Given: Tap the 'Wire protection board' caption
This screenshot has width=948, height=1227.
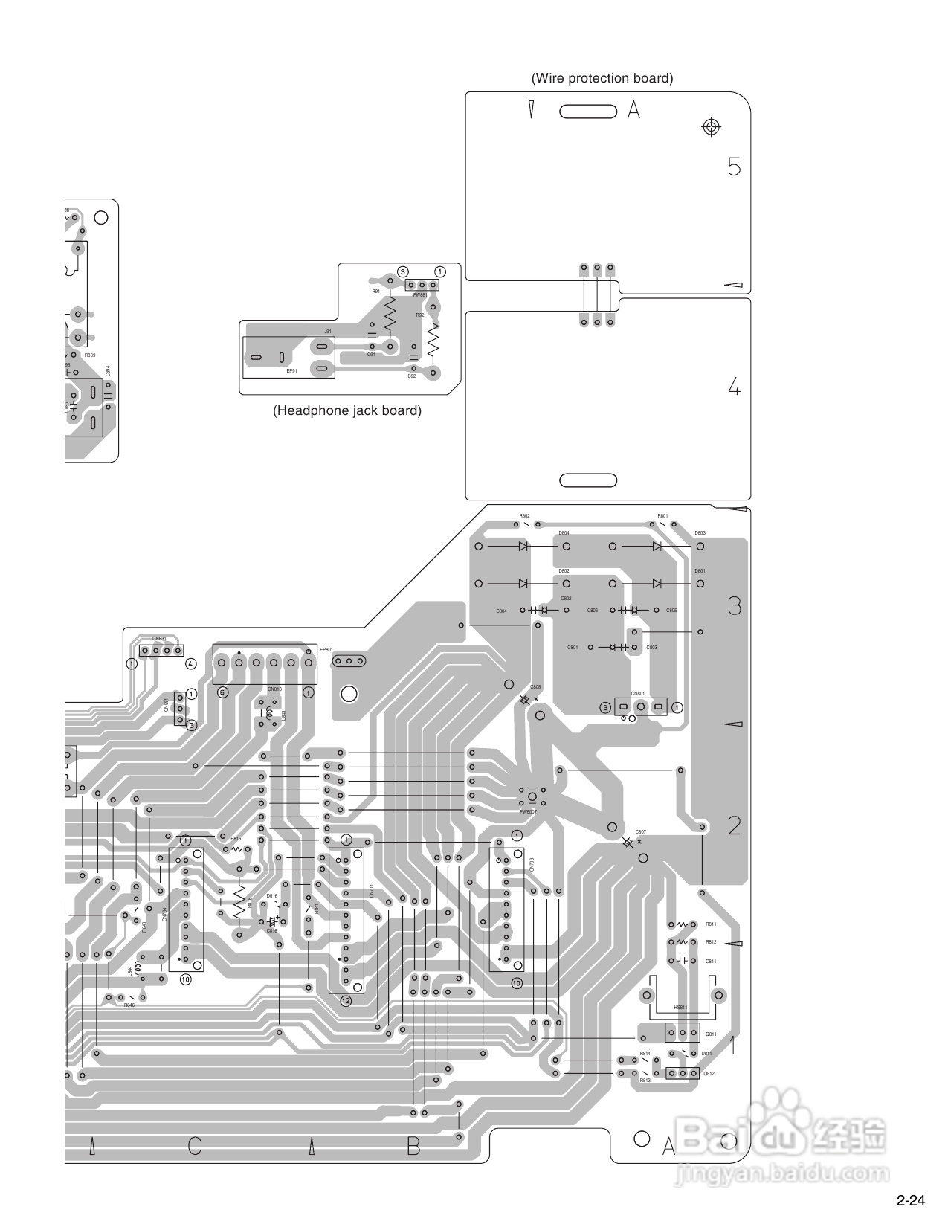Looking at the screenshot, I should [602, 78].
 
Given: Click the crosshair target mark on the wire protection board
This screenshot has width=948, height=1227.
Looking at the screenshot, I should [712, 127].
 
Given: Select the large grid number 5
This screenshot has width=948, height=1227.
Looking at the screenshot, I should [734, 167].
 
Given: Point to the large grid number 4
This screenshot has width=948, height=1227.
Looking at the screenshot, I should [734, 387].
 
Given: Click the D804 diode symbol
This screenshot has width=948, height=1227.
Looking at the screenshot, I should [523, 546].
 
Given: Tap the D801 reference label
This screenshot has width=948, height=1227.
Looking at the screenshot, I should [700, 571].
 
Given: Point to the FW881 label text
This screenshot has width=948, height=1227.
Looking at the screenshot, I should [420, 295].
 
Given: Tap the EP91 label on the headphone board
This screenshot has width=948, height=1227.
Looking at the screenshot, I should [291, 370].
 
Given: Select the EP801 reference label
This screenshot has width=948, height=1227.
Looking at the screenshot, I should [326, 649].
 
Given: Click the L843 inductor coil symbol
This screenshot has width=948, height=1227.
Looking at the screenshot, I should [269, 715].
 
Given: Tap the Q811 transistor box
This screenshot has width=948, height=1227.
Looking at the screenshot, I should [682, 1033].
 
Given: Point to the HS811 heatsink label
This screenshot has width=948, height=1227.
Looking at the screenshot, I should [680, 1008].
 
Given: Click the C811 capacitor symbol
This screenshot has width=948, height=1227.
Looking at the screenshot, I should [681, 961].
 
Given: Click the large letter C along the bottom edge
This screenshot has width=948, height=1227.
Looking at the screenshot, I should [194, 1146].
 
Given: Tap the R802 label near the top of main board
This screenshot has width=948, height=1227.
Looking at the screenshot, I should [524, 516].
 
